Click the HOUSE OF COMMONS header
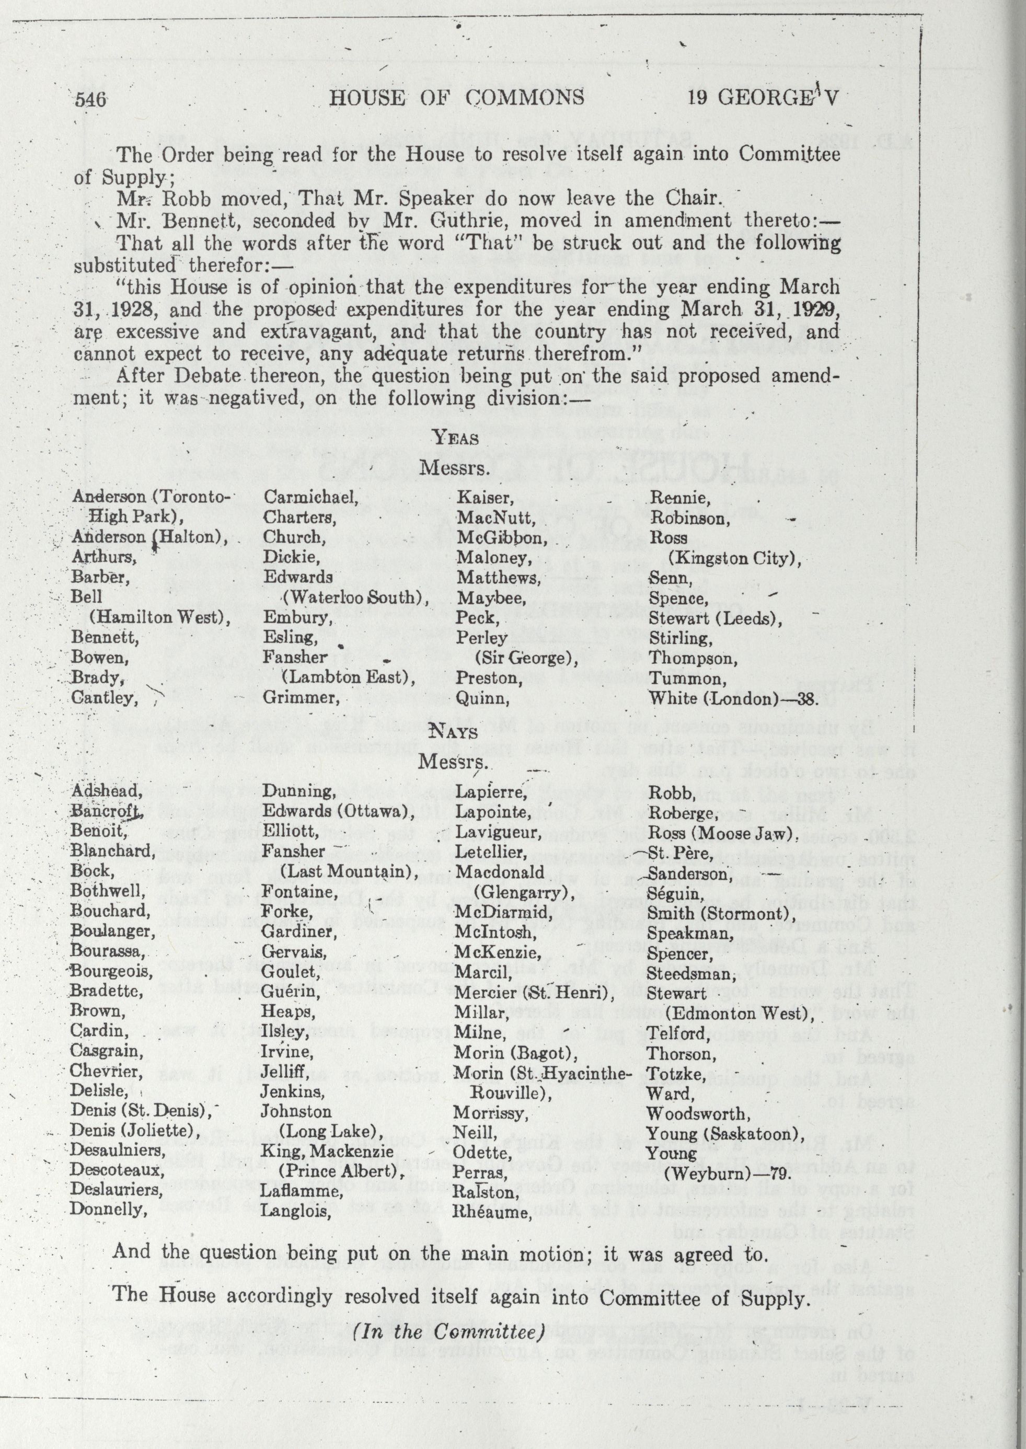click(x=457, y=97)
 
